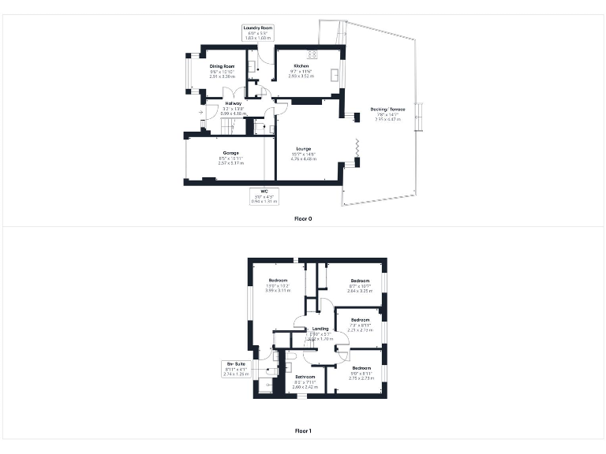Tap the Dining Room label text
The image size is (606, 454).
(x=222, y=66)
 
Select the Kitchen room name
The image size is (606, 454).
(x=301, y=66)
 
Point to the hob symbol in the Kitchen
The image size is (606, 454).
(x=312, y=55)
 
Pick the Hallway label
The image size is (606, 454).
(x=233, y=103)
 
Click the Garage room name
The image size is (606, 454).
(x=230, y=153)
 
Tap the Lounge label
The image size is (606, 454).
(x=303, y=148)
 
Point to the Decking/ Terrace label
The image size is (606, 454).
(x=387, y=109)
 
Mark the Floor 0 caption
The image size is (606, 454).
(x=303, y=218)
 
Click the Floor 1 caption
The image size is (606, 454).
(x=303, y=431)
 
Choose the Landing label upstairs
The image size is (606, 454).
(x=320, y=329)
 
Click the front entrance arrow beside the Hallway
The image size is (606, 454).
(x=201, y=113)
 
